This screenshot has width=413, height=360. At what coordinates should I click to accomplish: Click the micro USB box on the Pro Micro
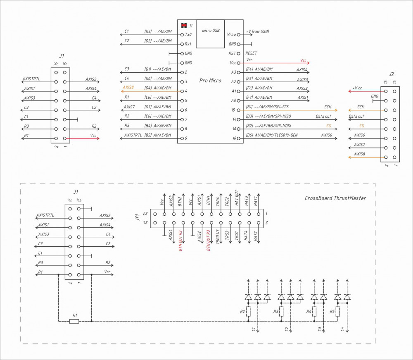[x=210, y=33]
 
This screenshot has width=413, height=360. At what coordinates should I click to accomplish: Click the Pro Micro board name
[x=210, y=81]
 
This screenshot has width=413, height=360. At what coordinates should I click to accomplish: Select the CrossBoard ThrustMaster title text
[x=335, y=198]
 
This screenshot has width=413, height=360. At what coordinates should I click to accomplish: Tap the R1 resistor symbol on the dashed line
[x=74, y=321]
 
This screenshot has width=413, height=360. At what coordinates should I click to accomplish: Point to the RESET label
[x=251, y=53]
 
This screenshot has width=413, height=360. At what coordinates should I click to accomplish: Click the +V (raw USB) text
[x=258, y=31]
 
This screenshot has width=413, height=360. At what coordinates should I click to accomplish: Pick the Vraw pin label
[x=231, y=35]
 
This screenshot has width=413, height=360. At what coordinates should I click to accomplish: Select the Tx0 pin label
[x=188, y=35]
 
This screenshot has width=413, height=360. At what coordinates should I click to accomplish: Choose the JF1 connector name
[x=138, y=218]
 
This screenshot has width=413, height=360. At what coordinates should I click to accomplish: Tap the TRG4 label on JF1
[x=218, y=201]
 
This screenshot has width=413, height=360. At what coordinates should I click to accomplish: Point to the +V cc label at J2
[x=357, y=88]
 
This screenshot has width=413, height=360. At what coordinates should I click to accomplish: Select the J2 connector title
[x=392, y=74]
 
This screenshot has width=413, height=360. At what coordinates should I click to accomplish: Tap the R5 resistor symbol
[x=338, y=311]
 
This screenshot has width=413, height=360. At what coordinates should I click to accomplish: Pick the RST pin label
[x=232, y=53]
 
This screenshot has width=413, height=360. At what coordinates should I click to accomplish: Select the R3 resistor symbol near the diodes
[x=282, y=311]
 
